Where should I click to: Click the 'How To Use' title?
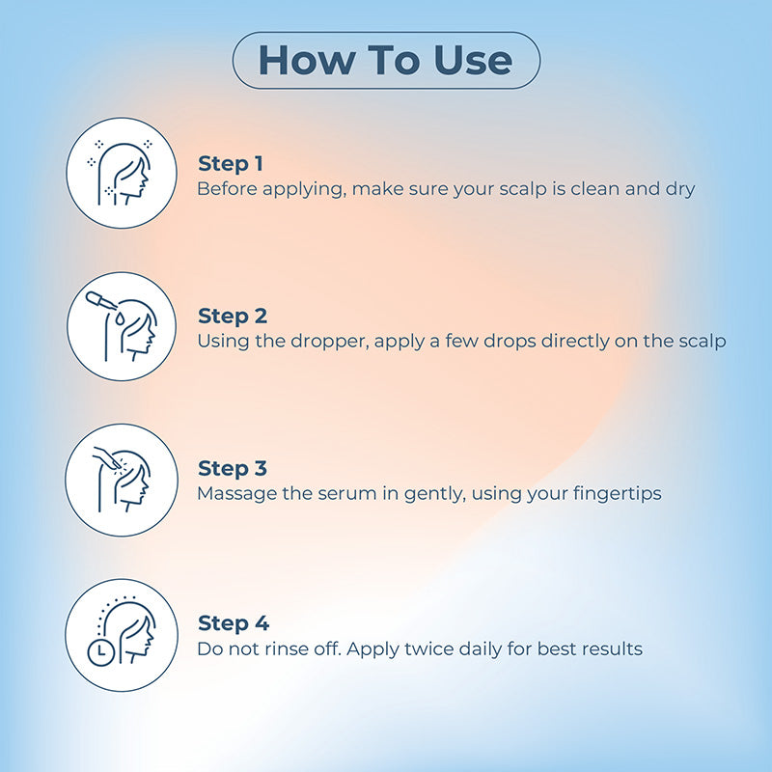[x=385, y=60]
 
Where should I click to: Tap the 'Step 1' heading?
[x=231, y=164]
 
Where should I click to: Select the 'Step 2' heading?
[x=233, y=317]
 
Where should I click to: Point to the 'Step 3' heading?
[x=233, y=469]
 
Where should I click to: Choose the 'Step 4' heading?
[x=234, y=623]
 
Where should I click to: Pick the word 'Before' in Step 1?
[x=227, y=189]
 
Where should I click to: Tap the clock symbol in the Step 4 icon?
[x=101, y=653]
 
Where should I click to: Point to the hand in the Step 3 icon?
[x=107, y=457]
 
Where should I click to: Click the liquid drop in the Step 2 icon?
[x=120, y=318]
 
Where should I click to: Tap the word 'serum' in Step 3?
[x=347, y=494]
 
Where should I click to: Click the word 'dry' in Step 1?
[x=680, y=189]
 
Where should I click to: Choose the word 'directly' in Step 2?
[x=575, y=342]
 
